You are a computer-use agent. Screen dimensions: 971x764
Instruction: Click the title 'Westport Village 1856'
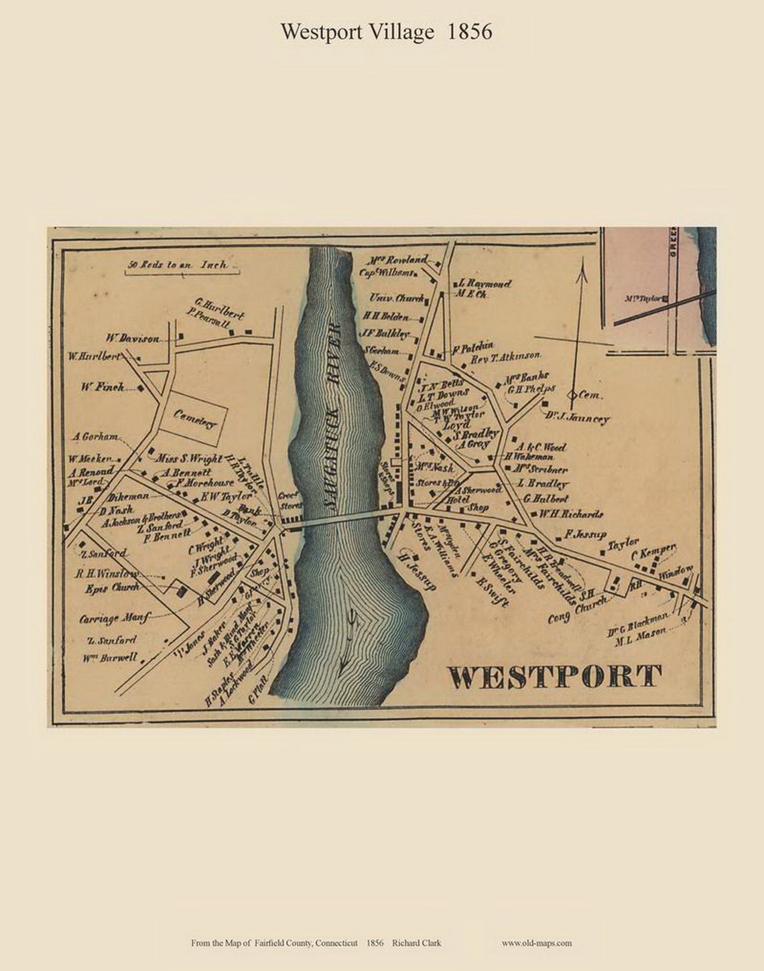tap(386, 31)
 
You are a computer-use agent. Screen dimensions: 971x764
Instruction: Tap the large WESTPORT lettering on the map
tap(554, 677)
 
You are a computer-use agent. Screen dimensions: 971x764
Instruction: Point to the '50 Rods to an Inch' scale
tap(177, 265)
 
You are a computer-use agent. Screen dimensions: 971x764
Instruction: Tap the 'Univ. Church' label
tap(396, 299)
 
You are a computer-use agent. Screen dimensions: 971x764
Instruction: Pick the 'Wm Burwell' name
tap(110, 658)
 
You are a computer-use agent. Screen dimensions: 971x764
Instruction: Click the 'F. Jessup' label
tap(586, 534)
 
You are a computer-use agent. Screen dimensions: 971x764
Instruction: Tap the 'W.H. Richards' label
tap(571, 514)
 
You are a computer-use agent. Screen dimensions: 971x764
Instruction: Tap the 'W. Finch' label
tap(103, 386)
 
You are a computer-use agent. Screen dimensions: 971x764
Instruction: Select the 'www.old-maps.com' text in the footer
tap(536, 943)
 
